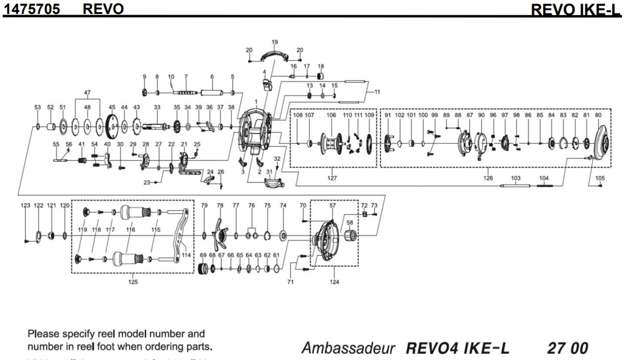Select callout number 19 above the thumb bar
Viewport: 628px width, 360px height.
pyautogui.click(x=274, y=42)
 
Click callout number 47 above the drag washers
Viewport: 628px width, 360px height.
pyautogui.click(x=87, y=93)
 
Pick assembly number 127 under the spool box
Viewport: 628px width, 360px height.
pyautogui.click(x=332, y=178)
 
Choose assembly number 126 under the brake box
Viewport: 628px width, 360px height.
pyautogui.click(x=488, y=178)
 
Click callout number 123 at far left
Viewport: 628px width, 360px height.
pyautogui.click(x=25, y=206)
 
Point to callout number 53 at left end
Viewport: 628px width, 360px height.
pyautogui.click(x=37, y=107)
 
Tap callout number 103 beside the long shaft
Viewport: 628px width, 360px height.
pyautogui.click(x=516, y=178)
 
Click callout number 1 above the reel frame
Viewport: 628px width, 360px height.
pyautogui.click(x=257, y=101)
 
